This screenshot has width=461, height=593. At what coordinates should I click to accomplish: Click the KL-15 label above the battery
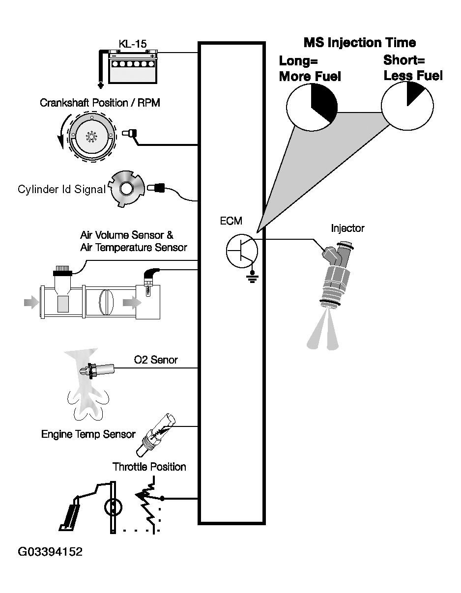point(133,44)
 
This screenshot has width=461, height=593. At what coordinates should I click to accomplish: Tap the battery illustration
point(133,67)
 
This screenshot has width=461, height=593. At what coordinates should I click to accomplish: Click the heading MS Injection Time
point(360,43)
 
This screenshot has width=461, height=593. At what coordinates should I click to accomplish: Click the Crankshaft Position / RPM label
point(100,103)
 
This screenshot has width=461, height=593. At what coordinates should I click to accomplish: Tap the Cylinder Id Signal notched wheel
point(126,189)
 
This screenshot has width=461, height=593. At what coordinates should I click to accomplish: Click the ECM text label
point(231,221)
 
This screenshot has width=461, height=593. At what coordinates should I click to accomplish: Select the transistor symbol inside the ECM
point(242,251)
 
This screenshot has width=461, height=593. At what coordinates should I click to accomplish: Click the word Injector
point(347,228)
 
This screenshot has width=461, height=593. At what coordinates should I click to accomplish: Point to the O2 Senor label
point(156,360)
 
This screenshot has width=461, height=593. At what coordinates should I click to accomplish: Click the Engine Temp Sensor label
point(88,434)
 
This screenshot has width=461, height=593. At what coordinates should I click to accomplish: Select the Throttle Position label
point(149,467)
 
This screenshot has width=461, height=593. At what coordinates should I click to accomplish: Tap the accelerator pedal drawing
point(70,513)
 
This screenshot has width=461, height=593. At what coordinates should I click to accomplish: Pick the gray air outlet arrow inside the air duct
point(132,302)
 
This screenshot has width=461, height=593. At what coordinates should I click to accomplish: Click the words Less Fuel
point(413,76)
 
